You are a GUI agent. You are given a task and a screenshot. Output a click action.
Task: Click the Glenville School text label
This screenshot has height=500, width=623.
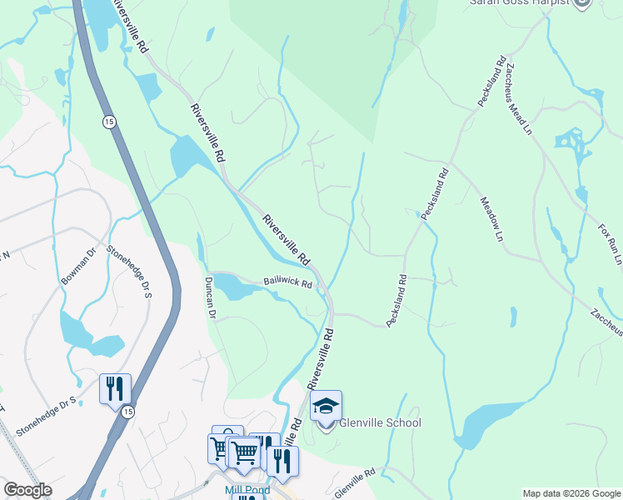click(x=379, y=422)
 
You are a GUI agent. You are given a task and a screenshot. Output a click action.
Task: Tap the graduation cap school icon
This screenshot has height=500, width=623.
click(x=326, y=406)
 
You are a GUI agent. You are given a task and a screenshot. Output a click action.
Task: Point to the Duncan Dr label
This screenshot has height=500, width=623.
click(x=211, y=298)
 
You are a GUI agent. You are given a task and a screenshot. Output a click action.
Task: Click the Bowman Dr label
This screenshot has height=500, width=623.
click(x=79, y=266)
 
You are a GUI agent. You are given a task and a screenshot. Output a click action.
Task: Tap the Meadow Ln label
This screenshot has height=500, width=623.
click(x=492, y=219)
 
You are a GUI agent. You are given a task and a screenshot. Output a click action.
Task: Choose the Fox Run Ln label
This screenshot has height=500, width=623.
click(x=610, y=243)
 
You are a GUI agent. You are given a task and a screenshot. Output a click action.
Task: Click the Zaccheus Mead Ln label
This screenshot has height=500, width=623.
click(x=516, y=97)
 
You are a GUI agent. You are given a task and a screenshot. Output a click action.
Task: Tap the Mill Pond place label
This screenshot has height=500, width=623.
click(x=247, y=490)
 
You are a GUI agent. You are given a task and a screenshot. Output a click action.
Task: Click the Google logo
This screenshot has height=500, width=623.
click(x=27, y=490)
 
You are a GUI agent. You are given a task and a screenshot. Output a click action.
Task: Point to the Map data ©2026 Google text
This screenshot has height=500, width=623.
click(x=571, y=493)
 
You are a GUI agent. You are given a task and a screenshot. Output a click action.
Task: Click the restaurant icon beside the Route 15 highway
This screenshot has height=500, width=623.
click(x=114, y=389)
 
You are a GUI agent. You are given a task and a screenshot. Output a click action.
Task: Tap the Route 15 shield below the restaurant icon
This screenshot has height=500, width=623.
click(x=127, y=412)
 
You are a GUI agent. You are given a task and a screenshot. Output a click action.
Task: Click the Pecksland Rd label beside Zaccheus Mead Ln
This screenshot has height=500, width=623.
click(x=492, y=81)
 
